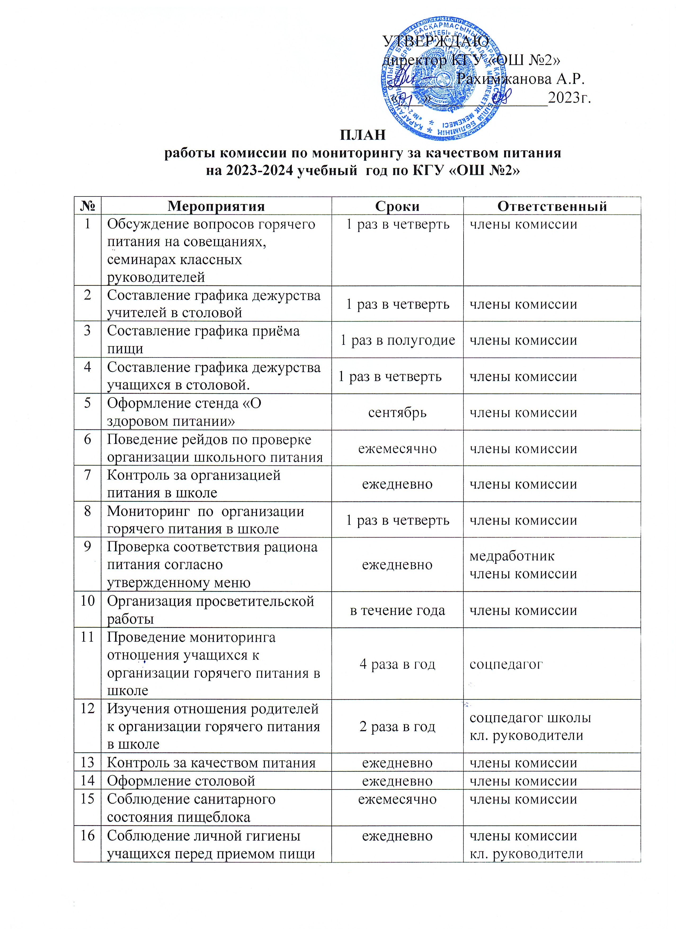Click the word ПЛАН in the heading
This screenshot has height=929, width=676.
click(363, 135)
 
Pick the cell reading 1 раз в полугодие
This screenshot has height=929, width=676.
click(397, 340)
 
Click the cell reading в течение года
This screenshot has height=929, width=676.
click(397, 610)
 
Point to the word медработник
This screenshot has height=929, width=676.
click(512, 556)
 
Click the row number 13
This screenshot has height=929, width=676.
click(87, 763)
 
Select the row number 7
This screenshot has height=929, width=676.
click(87, 475)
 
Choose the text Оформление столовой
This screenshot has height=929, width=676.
click(181, 781)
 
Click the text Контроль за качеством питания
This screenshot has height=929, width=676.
click(211, 763)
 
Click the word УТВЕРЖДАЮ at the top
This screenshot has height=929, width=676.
click(435, 41)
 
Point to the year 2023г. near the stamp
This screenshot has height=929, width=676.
click(569, 98)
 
